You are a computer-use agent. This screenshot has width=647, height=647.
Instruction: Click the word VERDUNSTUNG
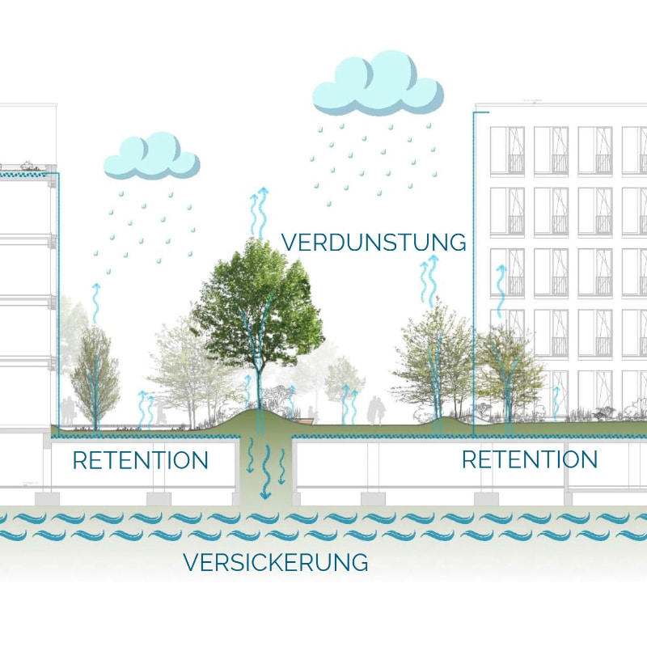coord(374,242)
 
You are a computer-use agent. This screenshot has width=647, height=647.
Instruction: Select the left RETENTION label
coord(140,461)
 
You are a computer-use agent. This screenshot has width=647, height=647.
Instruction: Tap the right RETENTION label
coord(530,459)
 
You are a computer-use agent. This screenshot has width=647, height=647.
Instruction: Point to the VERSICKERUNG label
coord(276,561)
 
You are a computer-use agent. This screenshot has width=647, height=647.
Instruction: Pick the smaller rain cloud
coord(151,156)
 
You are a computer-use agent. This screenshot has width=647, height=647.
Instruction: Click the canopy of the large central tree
coord(257,299)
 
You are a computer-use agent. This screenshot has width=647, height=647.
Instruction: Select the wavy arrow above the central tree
coord(261,210)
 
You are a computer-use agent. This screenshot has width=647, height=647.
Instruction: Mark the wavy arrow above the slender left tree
coord(95,302)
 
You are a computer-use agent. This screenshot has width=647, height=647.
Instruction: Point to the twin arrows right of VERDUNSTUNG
coord(427,279)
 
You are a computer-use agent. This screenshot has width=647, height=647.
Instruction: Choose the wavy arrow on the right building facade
coord(500,291)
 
